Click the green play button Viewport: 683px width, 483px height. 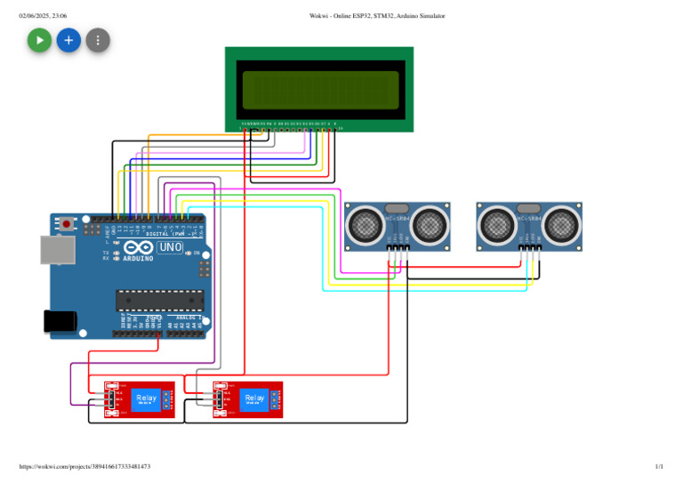(39, 40)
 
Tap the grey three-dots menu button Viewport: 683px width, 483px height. (98, 40)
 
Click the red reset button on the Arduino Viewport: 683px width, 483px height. (67, 226)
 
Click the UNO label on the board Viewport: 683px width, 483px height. (169, 247)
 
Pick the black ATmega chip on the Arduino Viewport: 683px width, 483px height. (160, 302)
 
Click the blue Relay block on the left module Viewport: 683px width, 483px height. (146, 400)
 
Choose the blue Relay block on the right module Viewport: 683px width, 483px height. (254, 400)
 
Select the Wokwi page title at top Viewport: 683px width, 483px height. (377, 16)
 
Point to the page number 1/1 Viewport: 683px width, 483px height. (658, 466)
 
